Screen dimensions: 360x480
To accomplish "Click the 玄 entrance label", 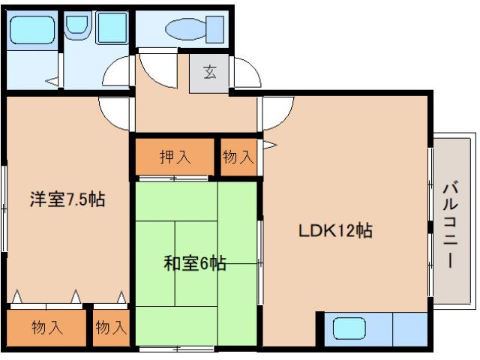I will [209, 73].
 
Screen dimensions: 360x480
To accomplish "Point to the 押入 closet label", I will [175, 157].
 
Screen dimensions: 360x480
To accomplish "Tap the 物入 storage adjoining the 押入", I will [238, 157].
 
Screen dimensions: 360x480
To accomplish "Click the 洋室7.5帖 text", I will [67, 199].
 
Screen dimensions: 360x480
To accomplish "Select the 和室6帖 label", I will [194, 263].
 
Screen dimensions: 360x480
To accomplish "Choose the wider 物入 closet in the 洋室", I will [46, 328].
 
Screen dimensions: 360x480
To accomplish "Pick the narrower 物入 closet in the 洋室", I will [111, 328].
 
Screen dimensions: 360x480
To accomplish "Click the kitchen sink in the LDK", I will [349, 329].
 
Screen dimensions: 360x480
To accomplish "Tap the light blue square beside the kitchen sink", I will [409, 329].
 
